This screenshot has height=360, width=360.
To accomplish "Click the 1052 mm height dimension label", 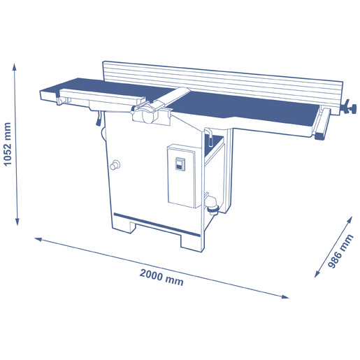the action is [8, 144].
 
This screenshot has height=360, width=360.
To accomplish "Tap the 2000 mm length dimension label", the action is [161, 278].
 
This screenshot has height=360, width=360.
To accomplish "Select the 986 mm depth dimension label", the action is [340, 252].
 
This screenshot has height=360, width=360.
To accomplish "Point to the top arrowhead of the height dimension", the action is [15, 66].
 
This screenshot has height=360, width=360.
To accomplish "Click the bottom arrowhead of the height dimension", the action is [17, 222].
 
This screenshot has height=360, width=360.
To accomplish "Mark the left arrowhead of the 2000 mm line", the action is [38, 239].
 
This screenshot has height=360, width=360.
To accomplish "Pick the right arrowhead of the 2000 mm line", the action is [285, 296].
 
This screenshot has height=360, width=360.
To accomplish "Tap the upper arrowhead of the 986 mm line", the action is [350, 219].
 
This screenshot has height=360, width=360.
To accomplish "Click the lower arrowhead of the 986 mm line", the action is [317, 274].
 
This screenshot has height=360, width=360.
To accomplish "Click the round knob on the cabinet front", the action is [115, 165].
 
